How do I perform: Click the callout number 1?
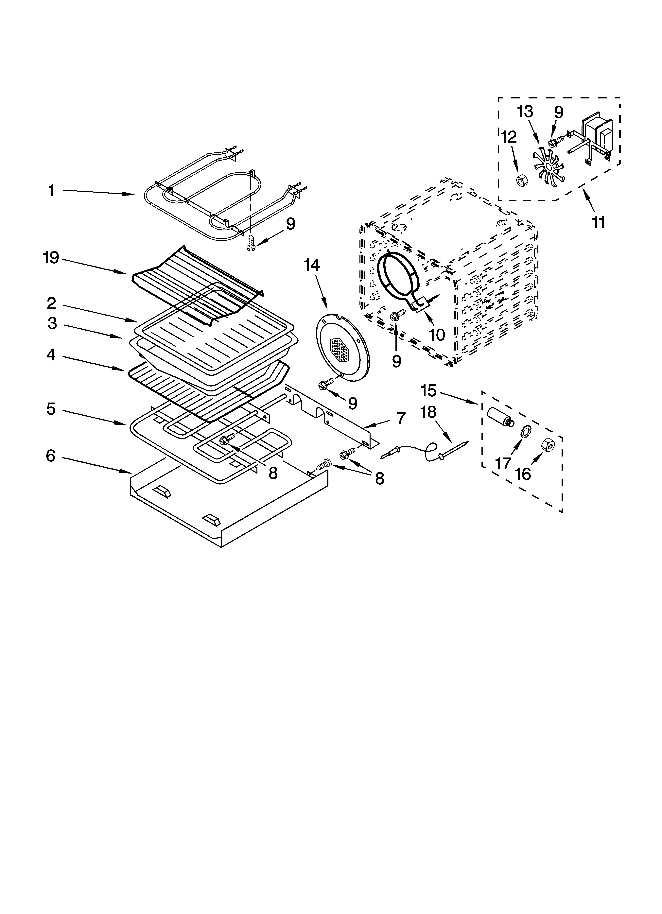point(51,191)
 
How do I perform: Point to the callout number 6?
point(50,456)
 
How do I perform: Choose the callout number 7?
point(400,418)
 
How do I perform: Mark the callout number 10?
point(437,334)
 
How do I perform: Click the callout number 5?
point(51,409)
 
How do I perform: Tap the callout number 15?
point(428,390)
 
